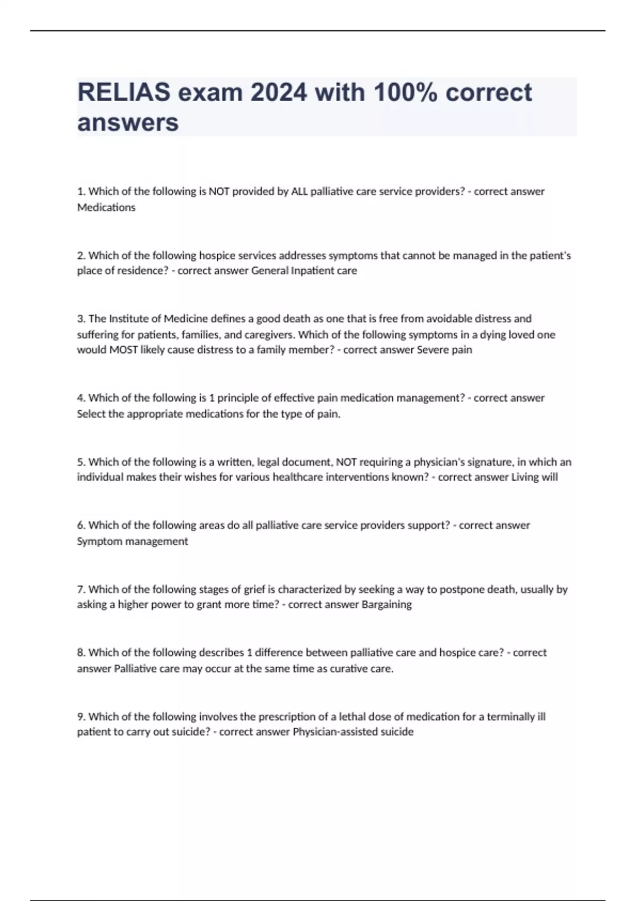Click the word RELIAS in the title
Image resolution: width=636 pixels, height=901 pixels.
click(x=124, y=93)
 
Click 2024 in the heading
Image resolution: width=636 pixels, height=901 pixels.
click(x=279, y=93)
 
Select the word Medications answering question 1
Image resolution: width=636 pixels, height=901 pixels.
click(x=107, y=207)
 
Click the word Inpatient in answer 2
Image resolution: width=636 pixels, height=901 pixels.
click(x=313, y=270)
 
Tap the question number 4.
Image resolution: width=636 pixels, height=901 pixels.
click(x=81, y=398)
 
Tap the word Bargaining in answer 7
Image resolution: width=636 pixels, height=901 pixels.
click(x=386, y=604)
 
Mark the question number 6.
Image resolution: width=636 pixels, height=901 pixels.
click(x=81, y=525)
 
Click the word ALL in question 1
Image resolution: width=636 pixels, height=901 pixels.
click(x=299, y=191)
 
